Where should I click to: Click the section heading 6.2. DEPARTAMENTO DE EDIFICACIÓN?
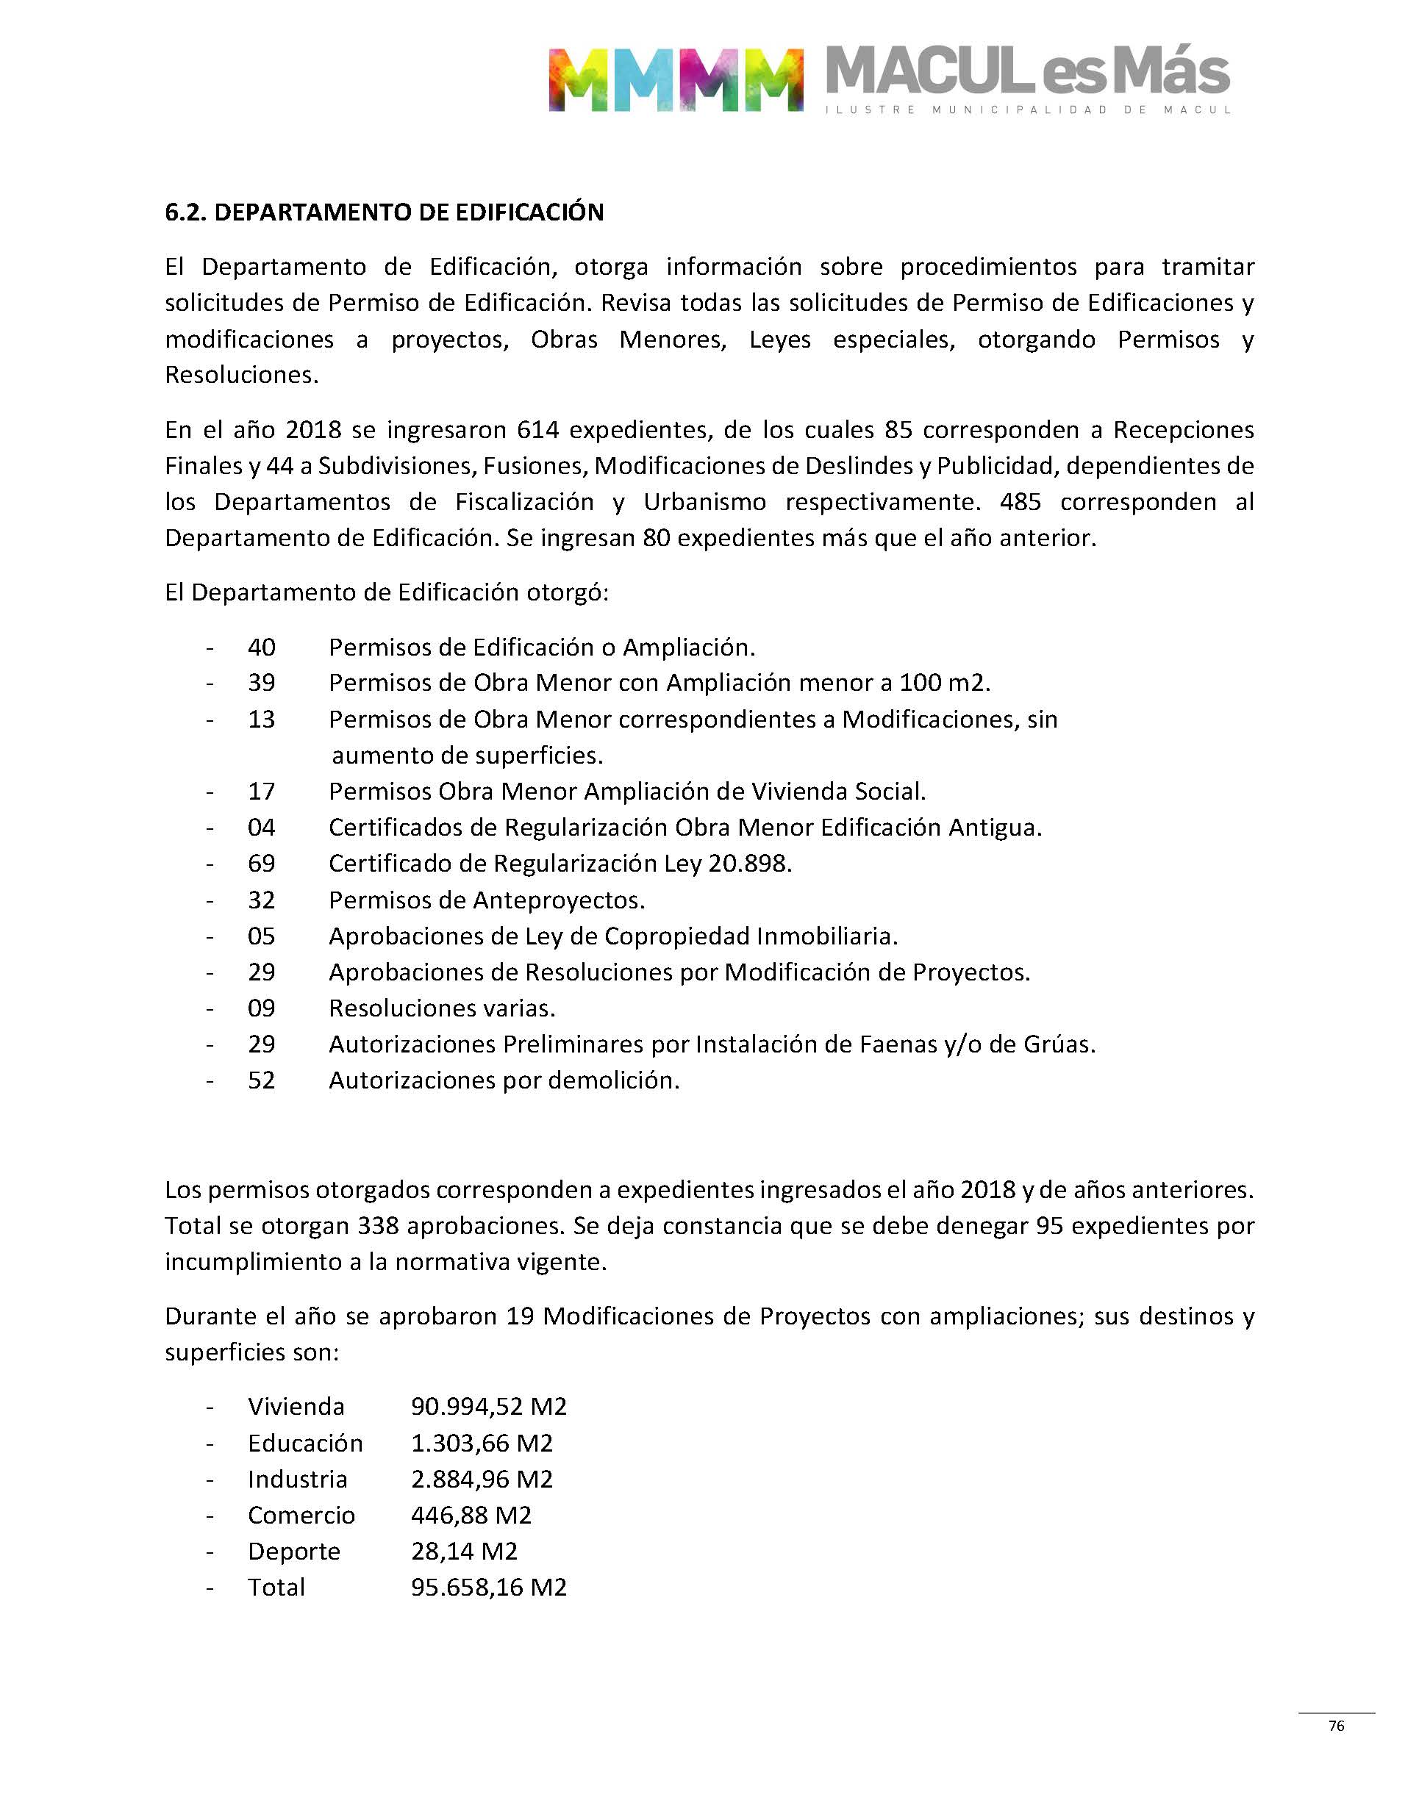[384, 212]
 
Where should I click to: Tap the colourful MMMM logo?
[676, 79]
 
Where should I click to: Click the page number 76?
[1336, 1726]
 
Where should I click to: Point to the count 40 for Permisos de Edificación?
[262, 647]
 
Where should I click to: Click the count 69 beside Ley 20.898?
[262, 864]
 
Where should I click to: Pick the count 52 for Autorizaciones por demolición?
[262, 1080]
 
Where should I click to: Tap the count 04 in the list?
[262, 828]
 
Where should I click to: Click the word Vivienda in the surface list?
[296, 1407]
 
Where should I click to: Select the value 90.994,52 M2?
[488, 1407]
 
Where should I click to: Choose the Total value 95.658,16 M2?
[488, 1588]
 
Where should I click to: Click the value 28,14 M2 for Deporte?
[465, 1551]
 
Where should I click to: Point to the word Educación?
[305, 1444]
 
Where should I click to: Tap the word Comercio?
[301, 1516]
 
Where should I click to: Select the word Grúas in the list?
[1059, 1044]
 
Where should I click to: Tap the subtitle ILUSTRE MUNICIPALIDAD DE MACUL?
[1028, 110]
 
